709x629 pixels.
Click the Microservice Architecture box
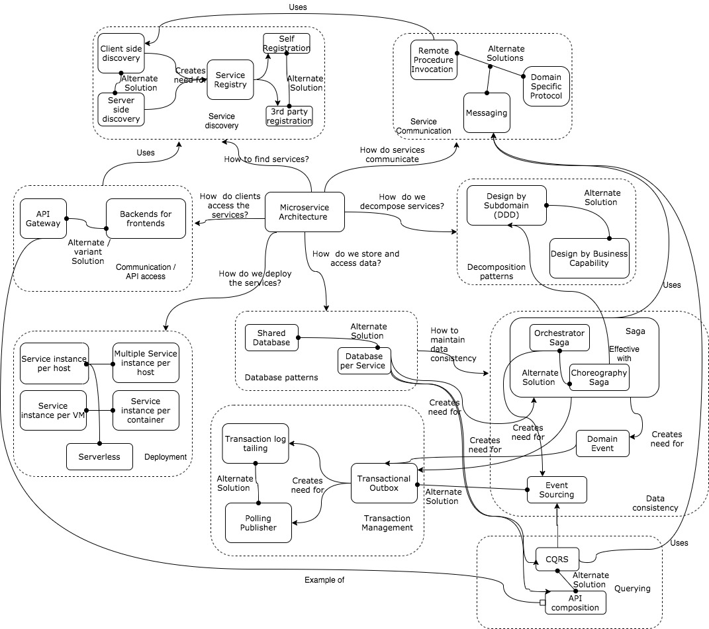click(x=305, y=212)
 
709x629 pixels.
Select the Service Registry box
click(x=230, y=79)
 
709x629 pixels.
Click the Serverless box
click(x=99, y=456)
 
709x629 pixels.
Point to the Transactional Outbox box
click(x=384, y=483)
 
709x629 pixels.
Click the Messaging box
click(x=486, y=113)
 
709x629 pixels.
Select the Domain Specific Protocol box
click(x=546, y=86)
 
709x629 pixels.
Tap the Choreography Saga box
click(x=598, y=378)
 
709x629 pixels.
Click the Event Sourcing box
click(x=557, y=490)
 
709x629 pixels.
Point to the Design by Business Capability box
click(x=589, y=259)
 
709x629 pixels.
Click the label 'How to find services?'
click(x=268, y=159)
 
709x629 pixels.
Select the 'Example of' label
click(x=325, y=579)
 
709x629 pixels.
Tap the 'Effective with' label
click(x=620, y=353)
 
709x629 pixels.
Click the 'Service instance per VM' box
click(x=53, y=410)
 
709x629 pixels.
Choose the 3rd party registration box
click(x=289, y=116)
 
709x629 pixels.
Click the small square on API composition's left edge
click(x=542, y=603)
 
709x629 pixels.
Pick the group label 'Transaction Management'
click(x=388, y=523)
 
